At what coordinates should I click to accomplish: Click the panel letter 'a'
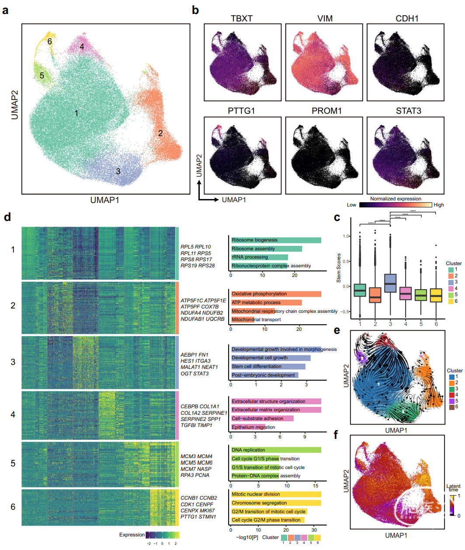[5, 10]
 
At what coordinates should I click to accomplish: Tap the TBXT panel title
[242, 18]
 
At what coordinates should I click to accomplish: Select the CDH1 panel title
[407, 18]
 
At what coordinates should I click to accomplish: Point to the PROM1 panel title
[326, 111]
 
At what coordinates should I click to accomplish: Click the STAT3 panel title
[409, 111]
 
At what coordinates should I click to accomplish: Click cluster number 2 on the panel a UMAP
[160, 133]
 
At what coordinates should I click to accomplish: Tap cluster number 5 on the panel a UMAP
[42, 76]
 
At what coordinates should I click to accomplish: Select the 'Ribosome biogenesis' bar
[276, 240]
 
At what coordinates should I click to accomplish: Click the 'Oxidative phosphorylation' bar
[276, 294]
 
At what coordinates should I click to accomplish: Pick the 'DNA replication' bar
[276, 450]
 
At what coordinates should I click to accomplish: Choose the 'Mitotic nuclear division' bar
[276, 494]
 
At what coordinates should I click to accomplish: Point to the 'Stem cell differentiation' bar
[268, 366]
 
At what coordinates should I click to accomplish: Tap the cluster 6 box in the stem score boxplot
[436, 295]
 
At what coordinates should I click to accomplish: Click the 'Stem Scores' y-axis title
[339, 268]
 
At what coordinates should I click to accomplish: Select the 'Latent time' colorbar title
[453, 488]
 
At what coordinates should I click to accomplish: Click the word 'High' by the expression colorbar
[439, 205]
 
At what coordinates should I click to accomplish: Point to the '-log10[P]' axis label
[247, 537]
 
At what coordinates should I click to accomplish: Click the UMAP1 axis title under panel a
[105, 200]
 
